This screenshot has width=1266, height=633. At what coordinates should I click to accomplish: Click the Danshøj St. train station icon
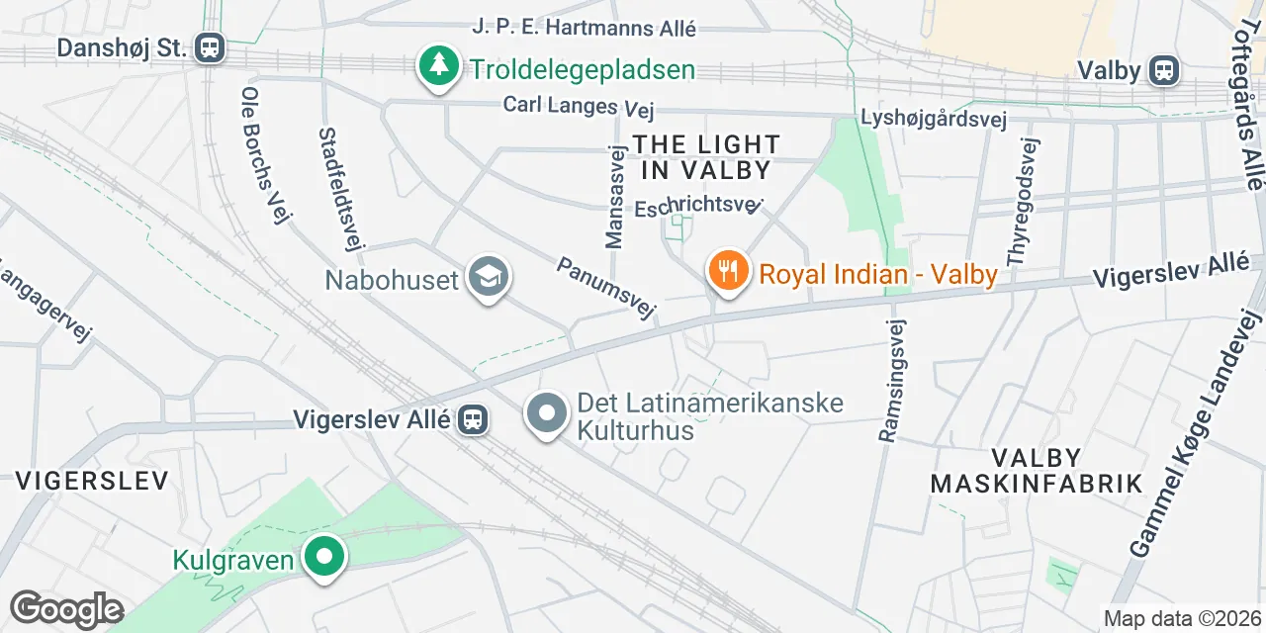pyautogui.click(x=210, y=47)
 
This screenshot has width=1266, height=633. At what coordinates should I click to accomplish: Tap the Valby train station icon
pyautogui.click(x=1165, y=70)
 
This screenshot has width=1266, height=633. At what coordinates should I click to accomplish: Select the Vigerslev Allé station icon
pyautogui.click(x=473, y=420)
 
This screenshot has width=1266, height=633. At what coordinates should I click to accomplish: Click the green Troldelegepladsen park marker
pyautogui.click(x=436, y=66)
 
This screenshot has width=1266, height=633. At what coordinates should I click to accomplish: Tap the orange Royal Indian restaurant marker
pyautogui.click(x=728, y=270)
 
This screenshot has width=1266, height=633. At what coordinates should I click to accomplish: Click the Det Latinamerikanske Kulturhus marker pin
pyautogui.click(x=547, y=414)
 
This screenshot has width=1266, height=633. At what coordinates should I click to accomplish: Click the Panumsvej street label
pyautogui.click(x=606, y=289)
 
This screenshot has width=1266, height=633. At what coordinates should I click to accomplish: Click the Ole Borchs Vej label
pyautogui.click(x=262, y=154)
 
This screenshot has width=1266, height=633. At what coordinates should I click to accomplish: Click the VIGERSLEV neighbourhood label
pyautogui.click(x=91, y=481)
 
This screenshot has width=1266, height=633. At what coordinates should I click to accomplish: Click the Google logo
pyautogui.click(x=65, y=610)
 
